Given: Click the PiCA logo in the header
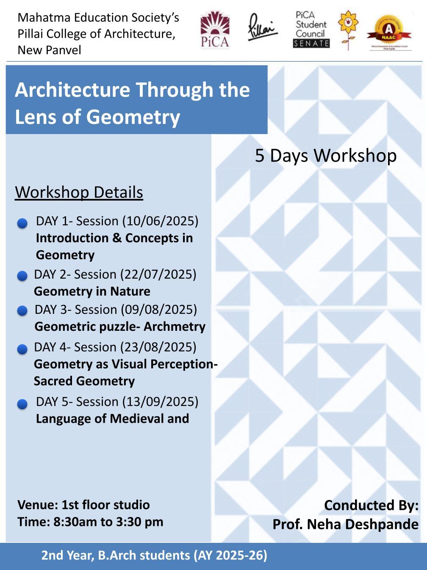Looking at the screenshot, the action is click(215, 30).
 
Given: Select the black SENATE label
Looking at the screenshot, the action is click(311, 44).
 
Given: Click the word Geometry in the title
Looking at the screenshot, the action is click(133, 117).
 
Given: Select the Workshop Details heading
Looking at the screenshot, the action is click(79, 192).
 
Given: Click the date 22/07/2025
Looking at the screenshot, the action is click(158, 274).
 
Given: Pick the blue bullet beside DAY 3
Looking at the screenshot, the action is click(22, 310).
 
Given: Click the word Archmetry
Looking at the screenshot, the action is click(174, 327).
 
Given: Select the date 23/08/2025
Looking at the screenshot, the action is click(158, 347).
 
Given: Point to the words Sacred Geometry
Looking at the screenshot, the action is click(84, 381).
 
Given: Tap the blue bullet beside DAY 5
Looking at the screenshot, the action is click(22, 404).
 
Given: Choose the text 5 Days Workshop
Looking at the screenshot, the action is click(326, 156).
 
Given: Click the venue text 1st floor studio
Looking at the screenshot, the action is click(105, 505).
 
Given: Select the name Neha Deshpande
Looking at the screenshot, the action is click(363, 524).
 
